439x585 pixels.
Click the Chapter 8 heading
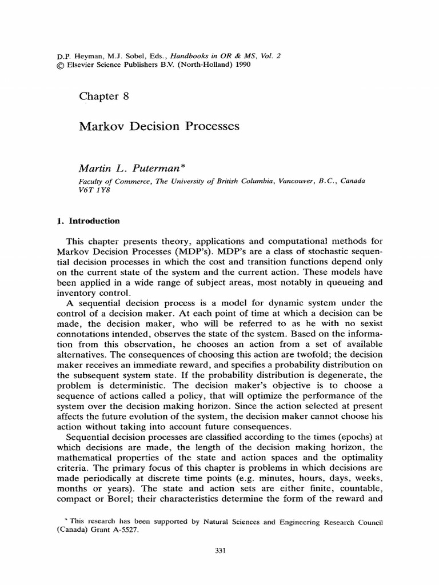(x=104, y=96)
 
